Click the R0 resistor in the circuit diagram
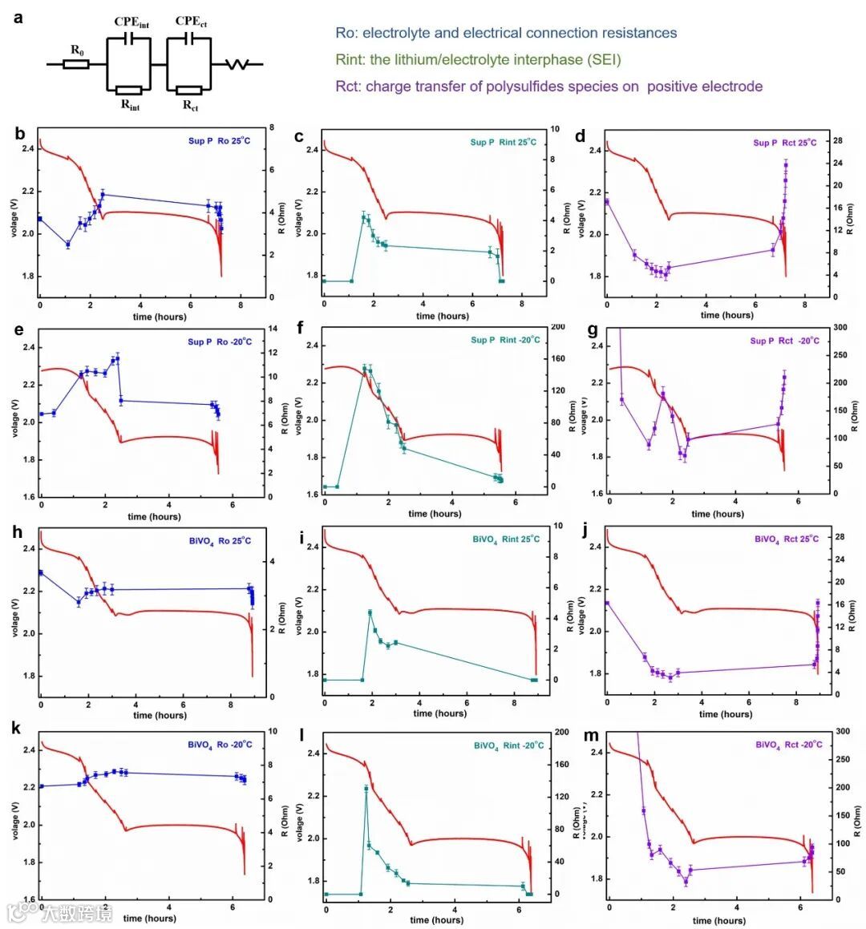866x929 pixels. point(76,63)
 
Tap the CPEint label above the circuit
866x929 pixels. point(132,22)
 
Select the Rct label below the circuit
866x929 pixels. point(190,105)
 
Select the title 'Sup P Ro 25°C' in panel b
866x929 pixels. point(219,141)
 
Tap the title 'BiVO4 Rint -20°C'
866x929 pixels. point(508,745)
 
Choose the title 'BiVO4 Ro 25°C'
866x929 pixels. point(220,541)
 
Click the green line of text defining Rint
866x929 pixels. point(478,59)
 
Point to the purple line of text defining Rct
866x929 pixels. point(548,87)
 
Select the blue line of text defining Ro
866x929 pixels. point(506,33)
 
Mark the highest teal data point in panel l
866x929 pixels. point(366,789)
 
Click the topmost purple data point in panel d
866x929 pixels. point(786,165)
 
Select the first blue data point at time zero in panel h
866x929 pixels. point(41,572)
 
